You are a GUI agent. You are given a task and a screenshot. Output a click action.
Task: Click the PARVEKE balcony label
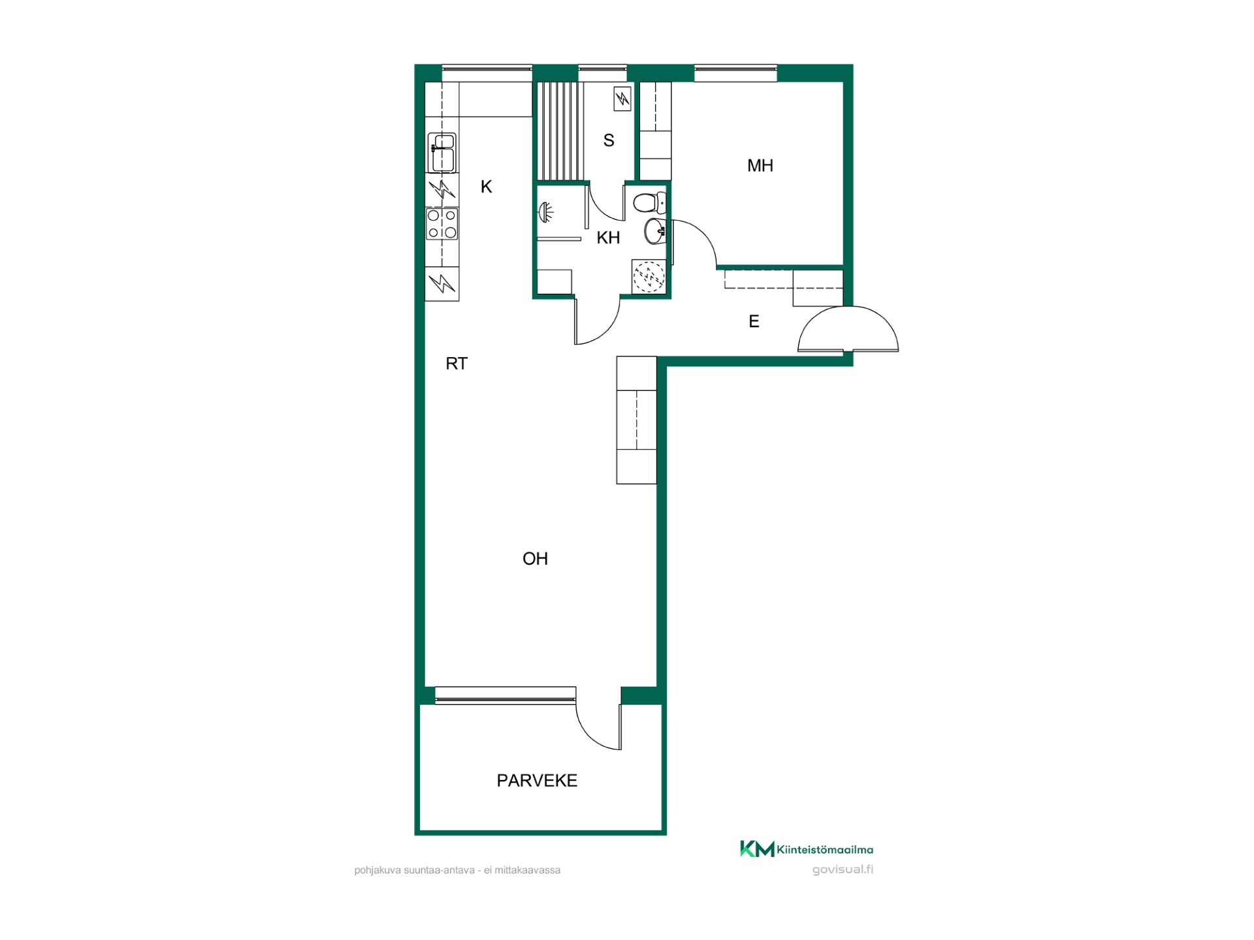pyautogui.click(x=537, y=781)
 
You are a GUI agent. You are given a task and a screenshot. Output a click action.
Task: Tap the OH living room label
pyautogui.click(x=535, y=559)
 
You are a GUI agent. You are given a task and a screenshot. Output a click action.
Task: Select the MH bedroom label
pyautogui.click(x=760, y=166)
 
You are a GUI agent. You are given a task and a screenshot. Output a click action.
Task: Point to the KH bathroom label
pyautogui.click(x=608, y=238)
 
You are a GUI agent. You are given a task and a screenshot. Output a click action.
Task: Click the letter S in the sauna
pyautogui.click(x=609, y=140)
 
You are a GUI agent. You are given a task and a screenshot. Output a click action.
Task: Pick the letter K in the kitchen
pyautogui.click(x=486, y=187)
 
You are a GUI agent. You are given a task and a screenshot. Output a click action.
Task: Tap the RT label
pyautogui.click(x=457, y=364)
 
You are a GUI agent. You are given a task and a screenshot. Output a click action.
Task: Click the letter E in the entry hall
pyautogui.click(x=754, y=321)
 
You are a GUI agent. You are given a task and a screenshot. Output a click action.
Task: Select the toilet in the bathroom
pyautogui.click(x=649, y=202)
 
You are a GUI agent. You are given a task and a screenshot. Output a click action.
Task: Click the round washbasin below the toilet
pyautogui.click(x=654, y=231)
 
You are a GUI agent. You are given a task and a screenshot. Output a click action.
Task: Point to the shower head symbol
pyautogui.click(x=545, y=212)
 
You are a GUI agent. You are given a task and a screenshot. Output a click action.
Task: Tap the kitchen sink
pyautogui.click(x=442, y=153)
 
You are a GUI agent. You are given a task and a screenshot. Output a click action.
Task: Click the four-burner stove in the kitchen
pyautogui.click(x=442, y=224)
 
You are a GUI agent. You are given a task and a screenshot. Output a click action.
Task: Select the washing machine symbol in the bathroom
pyautogui.click(x=649, y=276)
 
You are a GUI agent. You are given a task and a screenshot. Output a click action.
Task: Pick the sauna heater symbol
pyautogui.click(x=622, y=99)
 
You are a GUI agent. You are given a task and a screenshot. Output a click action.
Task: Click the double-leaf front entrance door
pyautogui.click(x=848, y=330)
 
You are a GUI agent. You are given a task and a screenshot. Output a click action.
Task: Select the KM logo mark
pyautogui.click(x=757, y=849)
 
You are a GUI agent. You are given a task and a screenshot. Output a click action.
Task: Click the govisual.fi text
pyautogui.click(x=843, y=869)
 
